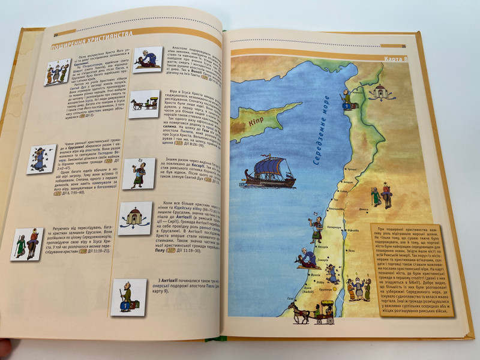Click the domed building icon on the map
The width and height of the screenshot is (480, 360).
pyautogui.click(x=380, y=92)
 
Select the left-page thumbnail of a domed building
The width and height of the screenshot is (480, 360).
pyautogui.click(x=134, y=217)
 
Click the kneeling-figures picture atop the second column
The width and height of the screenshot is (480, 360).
pyautogui.click(x=147, y=60)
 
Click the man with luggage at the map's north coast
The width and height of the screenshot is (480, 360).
pyautogui.click(x=347, y=100)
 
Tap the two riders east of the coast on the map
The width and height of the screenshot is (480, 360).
pyautogui.click(x=380, y=196)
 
